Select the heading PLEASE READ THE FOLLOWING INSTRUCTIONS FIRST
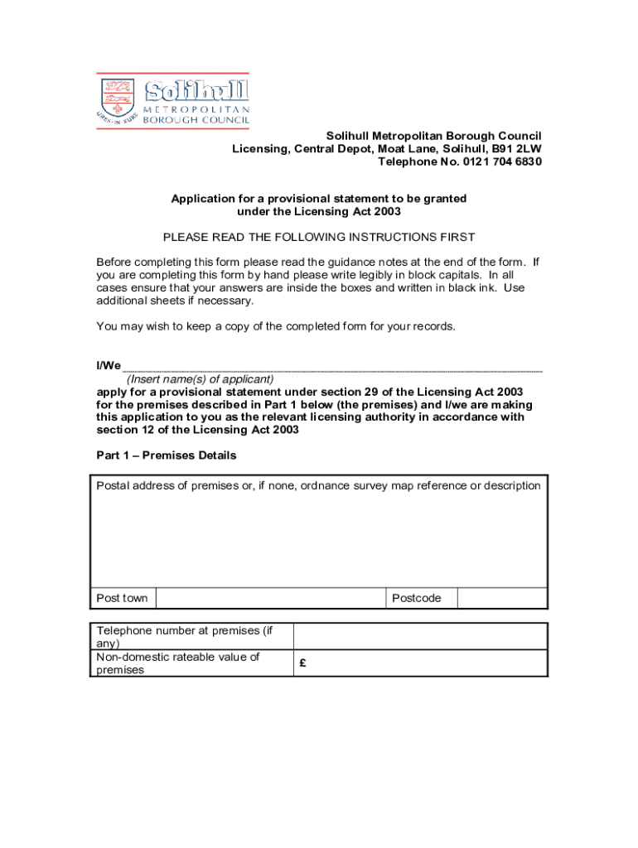[x=319, y=237]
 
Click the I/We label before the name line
[x=109, y=365]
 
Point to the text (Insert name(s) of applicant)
[x=200, y=379]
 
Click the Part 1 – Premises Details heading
[x=167, y=455]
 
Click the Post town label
[x=122, y=598]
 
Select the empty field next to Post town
[x=271, y=598]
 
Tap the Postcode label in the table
[x=417, y=598]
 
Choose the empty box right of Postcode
[x=502, y=598]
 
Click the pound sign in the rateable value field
[x=304, y=663]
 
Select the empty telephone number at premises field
[x=420, y=636]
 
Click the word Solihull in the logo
[x=197, y=91]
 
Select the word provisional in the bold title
[x=299, y=199]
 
